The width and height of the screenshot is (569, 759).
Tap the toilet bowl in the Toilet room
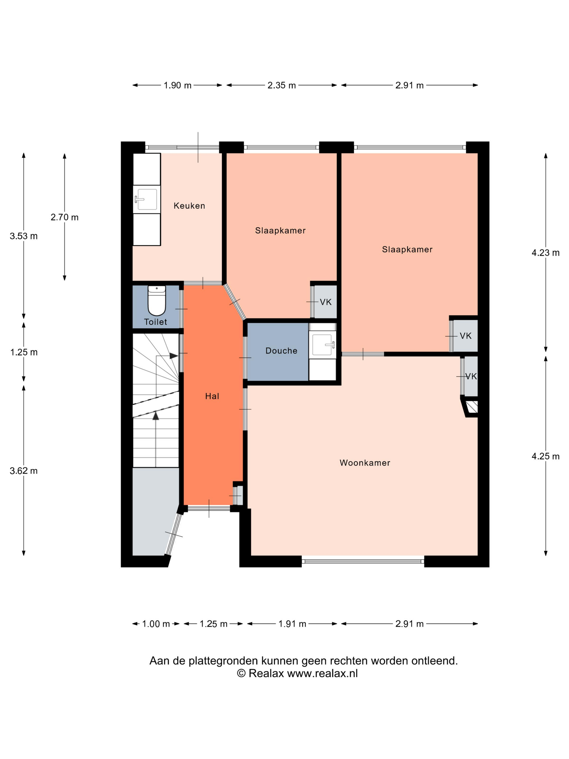coord(157,300)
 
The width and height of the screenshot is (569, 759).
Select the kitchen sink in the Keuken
coord(147,199)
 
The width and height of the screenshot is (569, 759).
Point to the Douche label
coord(281,351)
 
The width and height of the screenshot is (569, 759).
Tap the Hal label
coord(212,396)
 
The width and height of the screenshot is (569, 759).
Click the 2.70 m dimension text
coord(64,217)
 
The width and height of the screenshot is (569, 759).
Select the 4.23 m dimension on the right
coord(545,253)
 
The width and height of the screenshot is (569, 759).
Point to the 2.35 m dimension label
coord(282,85)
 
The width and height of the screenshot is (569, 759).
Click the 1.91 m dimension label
coord(292,624)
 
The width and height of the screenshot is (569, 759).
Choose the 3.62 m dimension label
coord(24,471)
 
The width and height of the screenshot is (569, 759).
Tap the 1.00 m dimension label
coord(156,624)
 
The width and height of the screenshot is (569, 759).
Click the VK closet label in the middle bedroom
coord(326,302)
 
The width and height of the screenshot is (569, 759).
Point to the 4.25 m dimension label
coord(545,456)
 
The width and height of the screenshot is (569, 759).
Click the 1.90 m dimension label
coord(177,85)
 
